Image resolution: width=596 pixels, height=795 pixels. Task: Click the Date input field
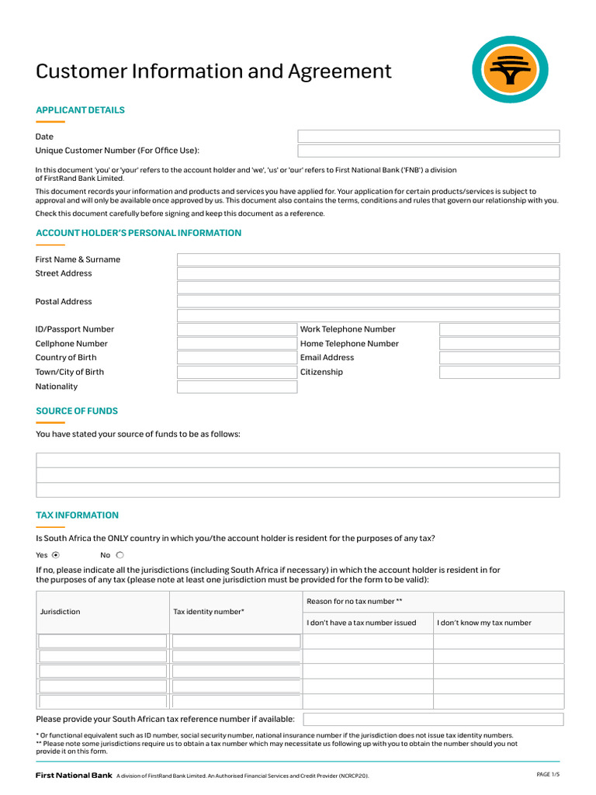428,137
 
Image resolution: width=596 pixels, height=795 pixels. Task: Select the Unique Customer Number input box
428,151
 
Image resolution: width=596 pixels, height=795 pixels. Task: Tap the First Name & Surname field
368,259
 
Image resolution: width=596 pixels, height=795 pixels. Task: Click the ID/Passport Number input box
237,329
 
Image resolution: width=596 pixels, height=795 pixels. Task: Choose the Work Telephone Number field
499,329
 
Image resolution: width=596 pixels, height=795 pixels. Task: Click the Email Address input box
499,358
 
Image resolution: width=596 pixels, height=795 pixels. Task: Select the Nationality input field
237,387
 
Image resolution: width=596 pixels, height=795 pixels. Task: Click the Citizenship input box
499,372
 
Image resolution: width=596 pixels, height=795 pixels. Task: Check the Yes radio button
55,555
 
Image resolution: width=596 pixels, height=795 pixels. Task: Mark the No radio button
120,555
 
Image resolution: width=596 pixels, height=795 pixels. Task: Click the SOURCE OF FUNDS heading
77,411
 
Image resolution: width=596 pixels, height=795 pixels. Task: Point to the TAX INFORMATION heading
77,515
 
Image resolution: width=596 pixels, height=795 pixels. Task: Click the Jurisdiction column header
60,612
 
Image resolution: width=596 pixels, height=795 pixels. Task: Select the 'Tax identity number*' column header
209,612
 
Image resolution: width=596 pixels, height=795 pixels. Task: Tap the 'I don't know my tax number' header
484,623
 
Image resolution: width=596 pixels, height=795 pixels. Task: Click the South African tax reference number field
433,720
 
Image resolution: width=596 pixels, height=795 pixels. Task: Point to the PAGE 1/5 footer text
548,775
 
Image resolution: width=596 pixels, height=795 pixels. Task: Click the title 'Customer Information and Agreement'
213,71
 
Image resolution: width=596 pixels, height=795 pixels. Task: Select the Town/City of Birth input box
237,372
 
